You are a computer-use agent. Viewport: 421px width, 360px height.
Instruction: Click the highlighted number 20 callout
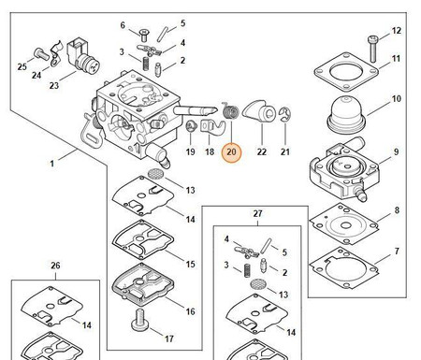click(231, 152)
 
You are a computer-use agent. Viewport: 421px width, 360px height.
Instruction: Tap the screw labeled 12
click(372, 49)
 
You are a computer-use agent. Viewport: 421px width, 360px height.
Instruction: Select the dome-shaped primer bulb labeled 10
click(346, 114)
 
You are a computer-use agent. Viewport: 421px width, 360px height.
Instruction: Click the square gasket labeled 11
click(346, 72)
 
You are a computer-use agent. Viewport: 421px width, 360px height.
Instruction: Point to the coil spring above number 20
click(231, 110)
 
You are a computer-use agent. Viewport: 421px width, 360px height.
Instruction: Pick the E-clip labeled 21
click(284, 114)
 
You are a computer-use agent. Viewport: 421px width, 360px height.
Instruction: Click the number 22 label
click(262, 151)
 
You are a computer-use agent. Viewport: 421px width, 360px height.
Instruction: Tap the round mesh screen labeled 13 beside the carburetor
click(155, 173)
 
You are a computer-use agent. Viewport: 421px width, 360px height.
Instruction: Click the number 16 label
click(190, 311)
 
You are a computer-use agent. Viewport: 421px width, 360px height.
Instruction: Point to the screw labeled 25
click(41, 54)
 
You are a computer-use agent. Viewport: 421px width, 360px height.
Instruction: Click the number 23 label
click(54, 85)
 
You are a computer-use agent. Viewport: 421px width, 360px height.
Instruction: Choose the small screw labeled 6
click(144, 36)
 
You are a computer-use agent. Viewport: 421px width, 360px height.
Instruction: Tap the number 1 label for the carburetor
click(52, 164)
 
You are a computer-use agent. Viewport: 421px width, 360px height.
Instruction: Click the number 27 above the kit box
click(257, 214)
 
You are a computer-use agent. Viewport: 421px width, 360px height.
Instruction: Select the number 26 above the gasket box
click(55, 266)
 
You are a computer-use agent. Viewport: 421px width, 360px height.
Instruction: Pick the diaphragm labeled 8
click(343, 223)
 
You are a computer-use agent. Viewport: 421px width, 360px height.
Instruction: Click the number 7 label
click(397, 252)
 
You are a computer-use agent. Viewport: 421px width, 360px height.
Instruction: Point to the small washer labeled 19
click(192, 126)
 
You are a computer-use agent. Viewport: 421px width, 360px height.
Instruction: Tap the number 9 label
click(396, 151)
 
